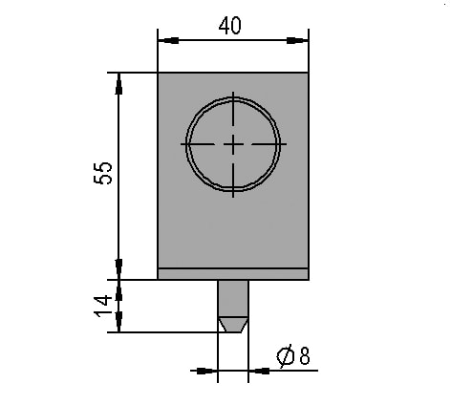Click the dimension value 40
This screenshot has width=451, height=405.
(229, 26)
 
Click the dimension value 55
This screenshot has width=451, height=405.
(103, 173)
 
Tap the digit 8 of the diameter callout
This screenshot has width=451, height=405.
(305, 355)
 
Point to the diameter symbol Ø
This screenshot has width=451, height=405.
(286, 355)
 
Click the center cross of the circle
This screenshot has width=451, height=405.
(233, 144)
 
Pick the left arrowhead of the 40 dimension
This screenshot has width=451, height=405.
(168, 40)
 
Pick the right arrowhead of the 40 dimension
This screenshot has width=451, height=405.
(297, 40)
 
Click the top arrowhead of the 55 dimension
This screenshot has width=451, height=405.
(118, 83)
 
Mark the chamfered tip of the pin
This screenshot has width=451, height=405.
(233, 325)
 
